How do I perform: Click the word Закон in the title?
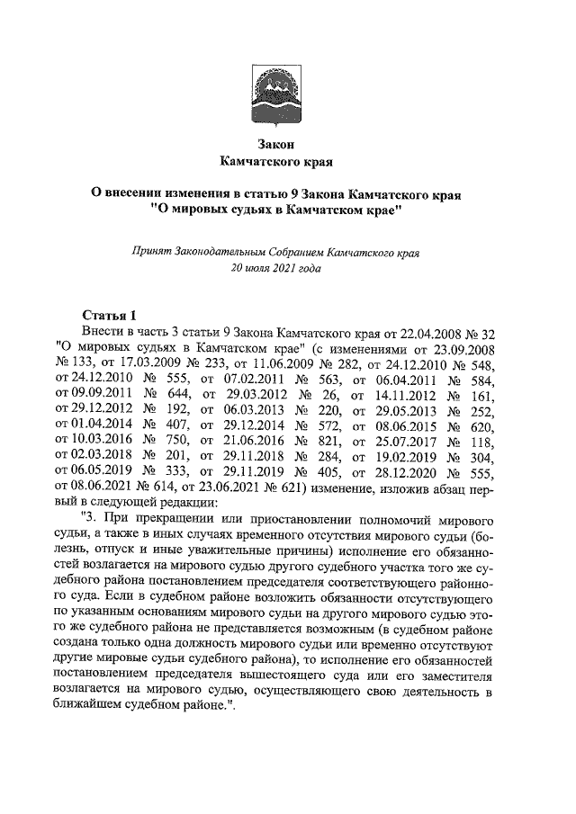tap(276, 143)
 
